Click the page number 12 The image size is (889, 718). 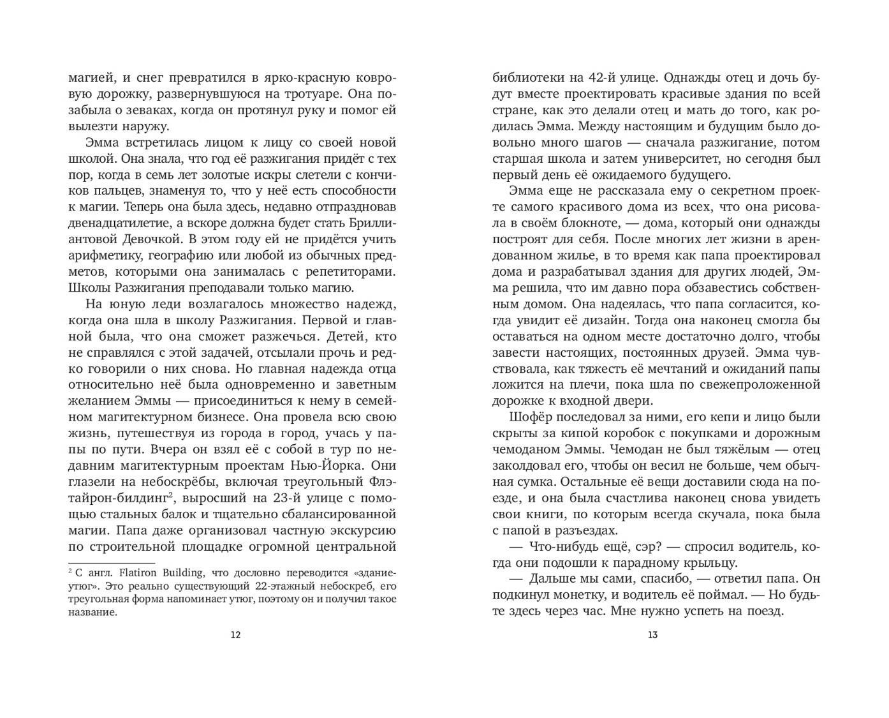[235, 634]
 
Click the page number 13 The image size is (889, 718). [652, 634]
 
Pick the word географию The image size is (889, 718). [182, 256]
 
